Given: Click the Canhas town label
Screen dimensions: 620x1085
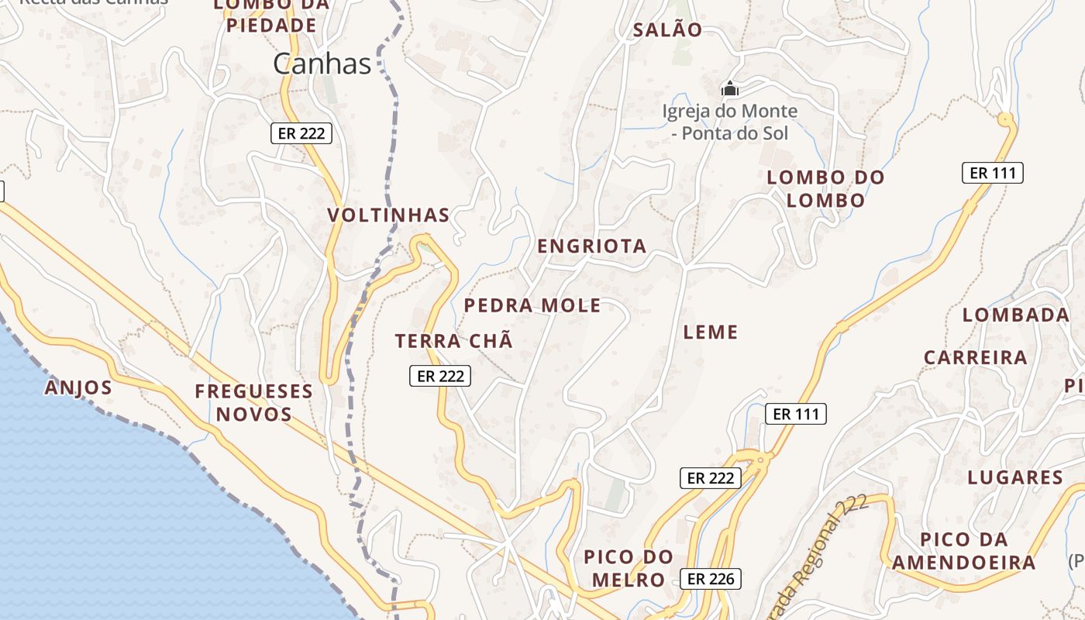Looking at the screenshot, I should point(322,64).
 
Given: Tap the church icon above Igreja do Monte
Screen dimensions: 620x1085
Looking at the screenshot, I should point(729,89).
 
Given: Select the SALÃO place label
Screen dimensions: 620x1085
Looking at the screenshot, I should point(667,30).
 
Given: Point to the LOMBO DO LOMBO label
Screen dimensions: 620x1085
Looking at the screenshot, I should point(825,188).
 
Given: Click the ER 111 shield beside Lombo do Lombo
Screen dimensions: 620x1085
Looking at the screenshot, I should point(992,173).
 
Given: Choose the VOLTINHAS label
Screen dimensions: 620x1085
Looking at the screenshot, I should point(388,215).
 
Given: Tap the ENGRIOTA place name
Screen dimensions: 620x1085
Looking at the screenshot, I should point(591,246).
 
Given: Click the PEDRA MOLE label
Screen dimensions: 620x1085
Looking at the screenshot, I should point(532,305).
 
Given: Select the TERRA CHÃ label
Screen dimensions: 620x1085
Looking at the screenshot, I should point(453,341).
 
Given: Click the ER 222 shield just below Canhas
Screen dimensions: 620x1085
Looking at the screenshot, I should point(301,133).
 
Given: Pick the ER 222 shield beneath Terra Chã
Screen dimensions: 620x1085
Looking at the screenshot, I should point(439,376).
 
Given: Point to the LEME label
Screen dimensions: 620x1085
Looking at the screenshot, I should point(710,332).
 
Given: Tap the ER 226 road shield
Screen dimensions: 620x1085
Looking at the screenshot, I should point(711,578).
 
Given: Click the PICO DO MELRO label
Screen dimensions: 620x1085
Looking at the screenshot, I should point(628,568).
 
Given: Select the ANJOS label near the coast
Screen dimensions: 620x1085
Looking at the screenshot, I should point(78,387).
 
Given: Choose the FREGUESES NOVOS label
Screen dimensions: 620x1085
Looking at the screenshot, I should point(253,402).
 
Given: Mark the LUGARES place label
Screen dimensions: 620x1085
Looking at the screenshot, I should point(1014,477).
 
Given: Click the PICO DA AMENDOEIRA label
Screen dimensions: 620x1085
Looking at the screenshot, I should point(963,551).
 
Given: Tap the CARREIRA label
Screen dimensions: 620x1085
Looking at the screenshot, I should point(975,357).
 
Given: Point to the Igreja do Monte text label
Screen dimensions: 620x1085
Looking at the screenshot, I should point(729,122).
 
